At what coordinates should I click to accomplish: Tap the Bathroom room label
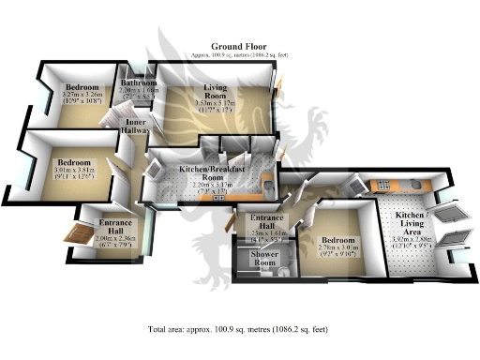[x=139, y=83]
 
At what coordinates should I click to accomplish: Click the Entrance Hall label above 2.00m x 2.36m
[x=115, y=228]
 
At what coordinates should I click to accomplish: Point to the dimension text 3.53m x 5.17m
[x=217, y=106]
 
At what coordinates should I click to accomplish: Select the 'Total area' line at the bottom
[x=240, y=331]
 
